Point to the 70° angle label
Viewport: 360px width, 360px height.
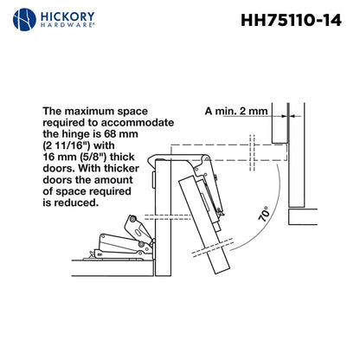coord(262,213)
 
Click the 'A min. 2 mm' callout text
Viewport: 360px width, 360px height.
coord(236,112)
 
